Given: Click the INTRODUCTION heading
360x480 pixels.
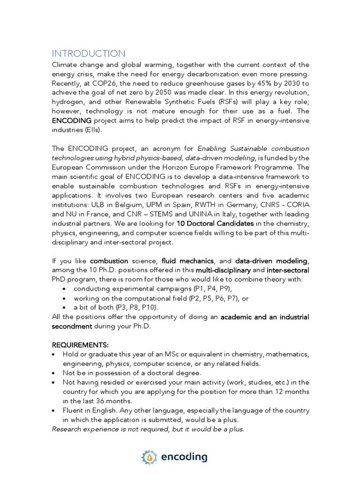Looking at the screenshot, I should [x=88, y=53].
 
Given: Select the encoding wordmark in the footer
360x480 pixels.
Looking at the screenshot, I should [x=184, y=457].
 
